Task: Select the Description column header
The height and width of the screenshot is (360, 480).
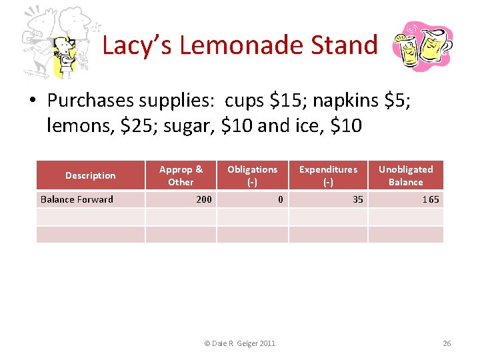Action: (x=90, y=175)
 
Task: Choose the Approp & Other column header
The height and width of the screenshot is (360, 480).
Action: (x=181, y=175)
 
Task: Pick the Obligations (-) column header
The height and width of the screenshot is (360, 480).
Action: (x=252, y=175)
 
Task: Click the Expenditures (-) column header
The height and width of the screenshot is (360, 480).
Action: (x=328, y=175)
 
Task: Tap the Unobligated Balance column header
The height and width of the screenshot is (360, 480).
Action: (x=405, y=175)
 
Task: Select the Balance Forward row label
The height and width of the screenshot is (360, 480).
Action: (x=77, y=199)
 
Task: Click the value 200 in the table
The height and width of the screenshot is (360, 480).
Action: (x=204, y=199)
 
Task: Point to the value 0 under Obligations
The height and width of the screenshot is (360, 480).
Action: (x=281, y=199)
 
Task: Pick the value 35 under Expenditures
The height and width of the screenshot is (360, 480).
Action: (x=358, y=199)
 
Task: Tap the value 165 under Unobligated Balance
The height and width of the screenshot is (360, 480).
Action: (x=431, y=199)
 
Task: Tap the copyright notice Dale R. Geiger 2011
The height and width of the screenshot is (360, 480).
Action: (x=239, y=343)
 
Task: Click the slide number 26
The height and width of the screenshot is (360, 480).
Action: (x=447, y=343)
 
